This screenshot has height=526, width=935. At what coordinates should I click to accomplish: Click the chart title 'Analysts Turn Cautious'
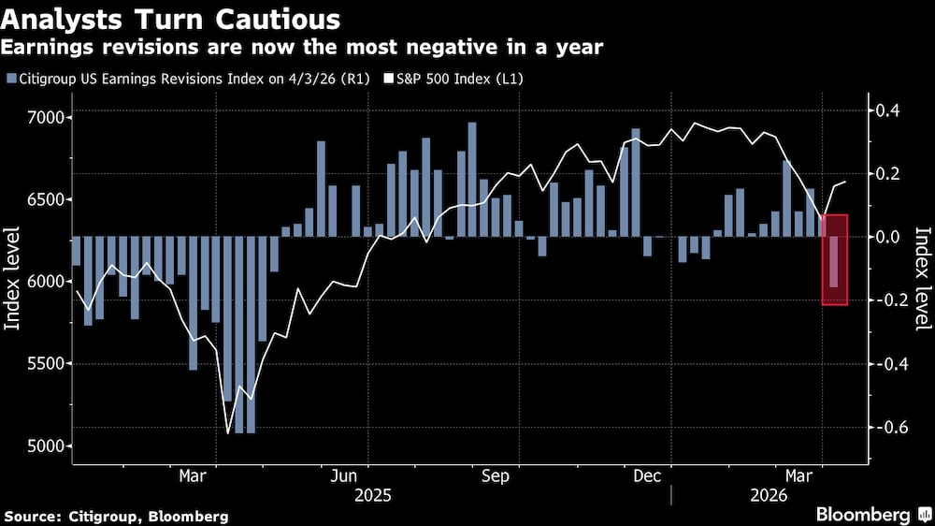coord(172,19)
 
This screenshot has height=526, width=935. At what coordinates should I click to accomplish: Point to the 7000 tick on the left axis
coord(43,118)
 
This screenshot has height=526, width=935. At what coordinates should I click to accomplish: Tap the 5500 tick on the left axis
coord(43,364)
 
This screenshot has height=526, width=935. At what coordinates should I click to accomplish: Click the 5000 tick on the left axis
coord(43,446)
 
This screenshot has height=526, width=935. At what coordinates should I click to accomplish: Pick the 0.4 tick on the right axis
coord(885,110)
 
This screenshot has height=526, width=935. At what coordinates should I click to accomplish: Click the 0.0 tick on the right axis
coord(885,238)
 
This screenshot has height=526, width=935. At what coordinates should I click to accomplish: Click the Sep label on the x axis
coord(496,476)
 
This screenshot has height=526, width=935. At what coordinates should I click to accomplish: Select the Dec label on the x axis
coord(647,476)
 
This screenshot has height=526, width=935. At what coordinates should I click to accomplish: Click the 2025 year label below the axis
coord(372,494)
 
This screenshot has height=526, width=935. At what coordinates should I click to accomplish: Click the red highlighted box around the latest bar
coord(835,259)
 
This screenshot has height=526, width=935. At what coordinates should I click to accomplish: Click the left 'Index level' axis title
coord(15,282)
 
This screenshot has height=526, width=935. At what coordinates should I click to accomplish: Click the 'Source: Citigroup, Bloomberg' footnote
coord(116,516)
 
